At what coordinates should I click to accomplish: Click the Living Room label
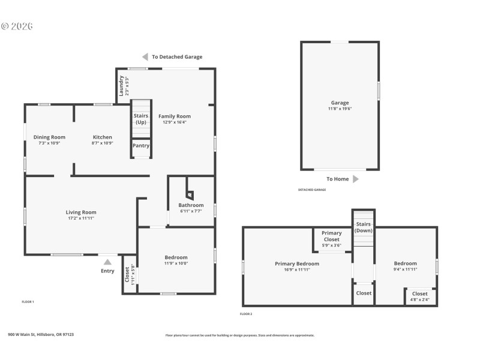[x=81, y=212]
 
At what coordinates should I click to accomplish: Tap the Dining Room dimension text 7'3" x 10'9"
[x=49, y=143]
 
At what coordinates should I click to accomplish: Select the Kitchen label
[x=103, y=137]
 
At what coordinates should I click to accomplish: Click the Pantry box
[x=141, y=146]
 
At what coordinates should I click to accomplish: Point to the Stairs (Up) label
[x=141, y=119]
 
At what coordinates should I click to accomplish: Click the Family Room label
[x=175, y=116]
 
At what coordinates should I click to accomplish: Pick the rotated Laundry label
[x=121, y=86]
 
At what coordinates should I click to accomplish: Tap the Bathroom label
[x=191, y=205]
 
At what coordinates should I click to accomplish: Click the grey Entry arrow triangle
[x=107, y=262]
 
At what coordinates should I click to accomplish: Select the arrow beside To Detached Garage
[x=145, y=57]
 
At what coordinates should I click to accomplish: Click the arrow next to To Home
[x=356, y=179]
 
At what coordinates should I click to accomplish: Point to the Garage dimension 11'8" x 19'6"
[x=340, y=109]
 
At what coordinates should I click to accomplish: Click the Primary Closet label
[x=332, y=236]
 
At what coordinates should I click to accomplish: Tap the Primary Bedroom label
[x=297, y=263]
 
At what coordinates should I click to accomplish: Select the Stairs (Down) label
[x=364, y=227]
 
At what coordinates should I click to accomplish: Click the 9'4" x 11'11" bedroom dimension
[x=405, y=269]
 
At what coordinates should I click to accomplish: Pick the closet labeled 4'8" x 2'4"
[x=420, y=296]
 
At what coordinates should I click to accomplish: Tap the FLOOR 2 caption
[x=246, y=314]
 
